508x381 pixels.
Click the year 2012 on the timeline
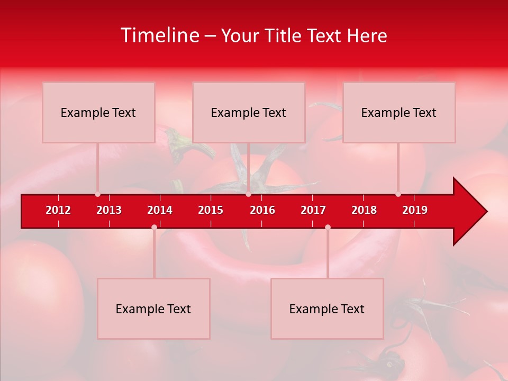click(x=58, y=210)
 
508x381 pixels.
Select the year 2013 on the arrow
click(x=109, y=210)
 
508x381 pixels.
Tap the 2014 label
click(x=160, y=210)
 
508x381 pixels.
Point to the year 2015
click(x=211, y=210)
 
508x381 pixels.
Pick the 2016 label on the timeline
click(x=262, y=210)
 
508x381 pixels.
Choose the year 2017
click(x=313, y=210)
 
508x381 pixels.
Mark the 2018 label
click(x=364, y=210)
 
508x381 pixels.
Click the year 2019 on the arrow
click(x=415, y=210)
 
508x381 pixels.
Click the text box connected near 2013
click(x=98, y=112)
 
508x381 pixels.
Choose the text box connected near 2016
click(x=249, y=112)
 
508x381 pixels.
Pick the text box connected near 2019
click(x=399, y=112)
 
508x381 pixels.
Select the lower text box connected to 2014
click(x=153, y=309)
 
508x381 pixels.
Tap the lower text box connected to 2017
click(x=327, y=309)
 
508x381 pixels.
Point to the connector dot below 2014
click(x=154, y=227)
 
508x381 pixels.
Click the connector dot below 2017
click(x=328, y=227)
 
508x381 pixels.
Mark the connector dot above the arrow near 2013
click(x=97, y=194)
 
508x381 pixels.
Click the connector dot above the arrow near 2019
click(x=398, y=194)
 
